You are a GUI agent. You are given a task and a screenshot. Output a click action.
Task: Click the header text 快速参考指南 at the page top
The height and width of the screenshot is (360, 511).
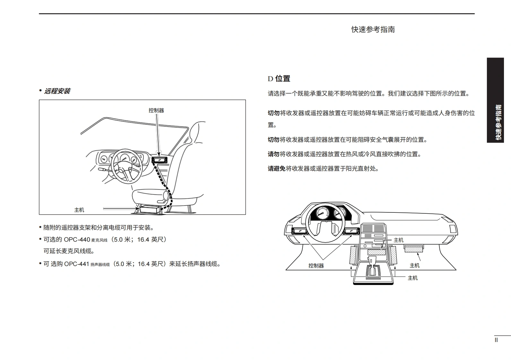[373, 30]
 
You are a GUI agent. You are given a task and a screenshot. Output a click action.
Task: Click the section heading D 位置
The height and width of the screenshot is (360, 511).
[279, 79]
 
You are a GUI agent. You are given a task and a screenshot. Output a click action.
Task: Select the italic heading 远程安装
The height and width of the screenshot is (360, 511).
[57, 91]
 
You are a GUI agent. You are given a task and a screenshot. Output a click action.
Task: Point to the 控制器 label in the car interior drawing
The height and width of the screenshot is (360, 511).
[156, 110]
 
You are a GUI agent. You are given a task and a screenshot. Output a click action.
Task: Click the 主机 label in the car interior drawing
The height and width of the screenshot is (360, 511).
[79, 210]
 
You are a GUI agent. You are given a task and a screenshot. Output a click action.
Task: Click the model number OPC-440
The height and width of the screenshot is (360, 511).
[77, 240]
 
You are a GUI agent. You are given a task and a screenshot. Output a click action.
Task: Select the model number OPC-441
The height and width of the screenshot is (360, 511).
[76, 264]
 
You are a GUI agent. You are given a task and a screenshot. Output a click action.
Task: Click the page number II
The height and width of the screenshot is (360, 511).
[496, 340]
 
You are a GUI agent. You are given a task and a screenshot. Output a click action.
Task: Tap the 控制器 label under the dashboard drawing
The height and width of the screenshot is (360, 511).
[316, 266]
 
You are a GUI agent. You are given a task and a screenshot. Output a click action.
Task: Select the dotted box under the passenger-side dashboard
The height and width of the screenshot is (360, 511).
[413, 248]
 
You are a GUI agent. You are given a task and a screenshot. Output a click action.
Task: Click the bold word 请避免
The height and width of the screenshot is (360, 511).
[276, 169]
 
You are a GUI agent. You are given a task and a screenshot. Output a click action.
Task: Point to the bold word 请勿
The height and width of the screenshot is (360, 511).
[273, 154]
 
